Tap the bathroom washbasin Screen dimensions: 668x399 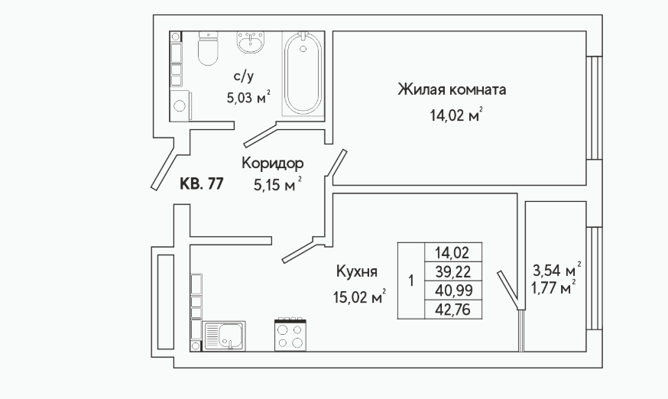coord(251,42)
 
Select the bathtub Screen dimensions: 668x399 coord(303,73)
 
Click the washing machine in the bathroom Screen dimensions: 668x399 coord(181,105)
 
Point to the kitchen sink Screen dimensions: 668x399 coord(224,336)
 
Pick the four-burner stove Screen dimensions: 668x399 coord(290,335)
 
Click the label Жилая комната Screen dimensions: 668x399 coord(452,90)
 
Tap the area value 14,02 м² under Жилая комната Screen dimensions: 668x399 coord(456,115)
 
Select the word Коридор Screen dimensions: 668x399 coord(273,164)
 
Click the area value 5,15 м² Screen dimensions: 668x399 coord(277,185)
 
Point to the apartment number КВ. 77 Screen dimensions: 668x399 coord(202,183)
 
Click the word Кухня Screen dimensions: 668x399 coord(357,271)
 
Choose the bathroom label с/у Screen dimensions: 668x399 coord(244,76)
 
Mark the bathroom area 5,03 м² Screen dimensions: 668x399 coord(248,98)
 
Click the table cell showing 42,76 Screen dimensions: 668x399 coord(453,310)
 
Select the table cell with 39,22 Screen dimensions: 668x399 coord(453,271)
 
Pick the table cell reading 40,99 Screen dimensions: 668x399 coord(453,290)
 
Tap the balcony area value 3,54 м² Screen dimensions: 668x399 coord(557,270)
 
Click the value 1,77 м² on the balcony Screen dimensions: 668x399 coord(553,287)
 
